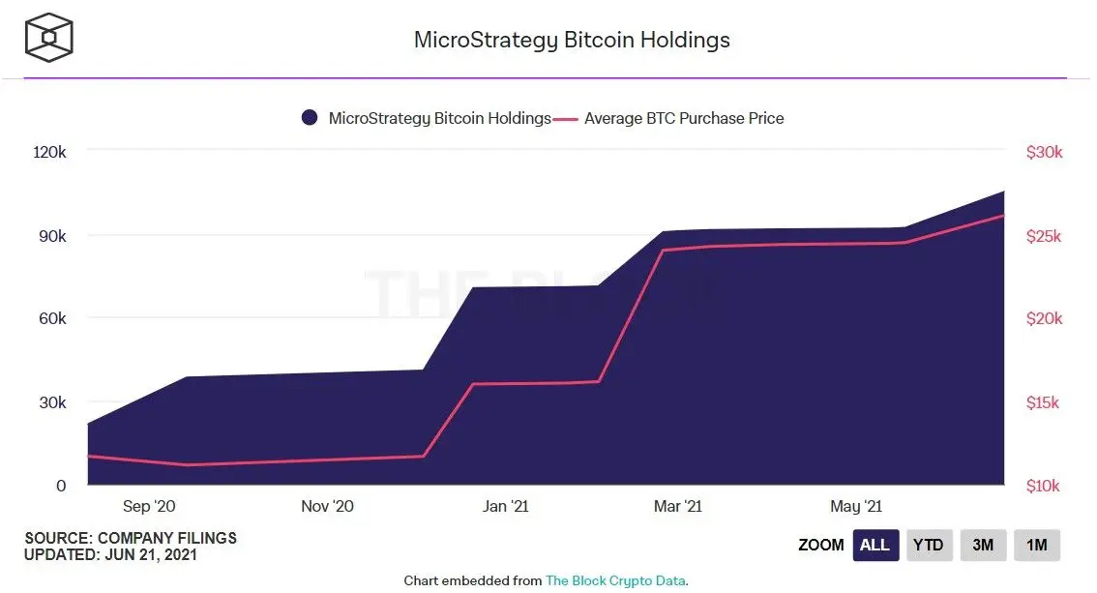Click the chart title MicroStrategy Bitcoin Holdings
[571, 40]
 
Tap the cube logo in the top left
[48, 38]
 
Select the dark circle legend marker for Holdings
[310, 118]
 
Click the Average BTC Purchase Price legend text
[684, 118]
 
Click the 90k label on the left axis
[50, 236]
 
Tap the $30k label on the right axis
[1044, 152]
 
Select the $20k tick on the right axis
[1044, 319]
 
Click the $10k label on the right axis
[1044, 486]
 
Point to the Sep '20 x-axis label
[150, 506]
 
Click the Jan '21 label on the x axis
[506, 506]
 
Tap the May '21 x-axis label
[856, 506]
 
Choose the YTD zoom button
[929, 546]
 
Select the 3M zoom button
[983, 546]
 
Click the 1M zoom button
[1037, 546]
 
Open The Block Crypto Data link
[616, 580]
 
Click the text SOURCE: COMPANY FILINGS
[131, 538]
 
